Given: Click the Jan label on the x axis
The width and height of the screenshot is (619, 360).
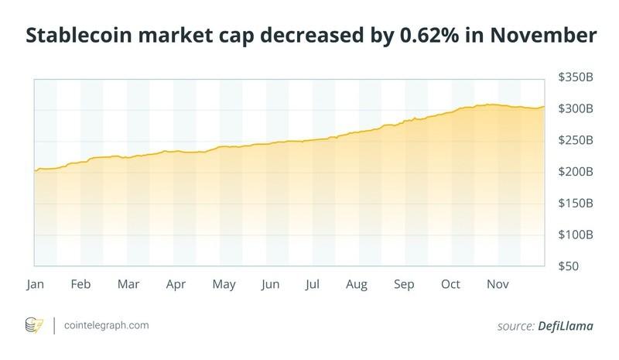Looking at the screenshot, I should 35,285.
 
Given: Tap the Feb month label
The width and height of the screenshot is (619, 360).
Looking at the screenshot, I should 80,285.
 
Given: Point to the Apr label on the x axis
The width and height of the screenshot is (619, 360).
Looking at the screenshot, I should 176,285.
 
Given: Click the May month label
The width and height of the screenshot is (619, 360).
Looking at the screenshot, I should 224,285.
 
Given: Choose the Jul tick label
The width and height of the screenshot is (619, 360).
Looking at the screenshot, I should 313,285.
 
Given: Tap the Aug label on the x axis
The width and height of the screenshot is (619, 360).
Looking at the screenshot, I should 356,285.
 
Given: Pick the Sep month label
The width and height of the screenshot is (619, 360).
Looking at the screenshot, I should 404,285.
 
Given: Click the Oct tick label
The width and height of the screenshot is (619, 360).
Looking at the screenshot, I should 450,285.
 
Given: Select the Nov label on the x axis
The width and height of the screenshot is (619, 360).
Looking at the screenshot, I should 497,285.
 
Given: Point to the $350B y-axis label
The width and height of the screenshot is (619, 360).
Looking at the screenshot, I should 576,77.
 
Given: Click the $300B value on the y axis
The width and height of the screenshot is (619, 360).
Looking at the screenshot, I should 576,109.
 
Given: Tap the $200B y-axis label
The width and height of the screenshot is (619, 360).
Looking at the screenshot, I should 576,171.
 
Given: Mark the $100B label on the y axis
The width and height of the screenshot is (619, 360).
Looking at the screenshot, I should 576,234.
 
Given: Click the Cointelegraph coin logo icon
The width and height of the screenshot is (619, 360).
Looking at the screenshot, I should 35,325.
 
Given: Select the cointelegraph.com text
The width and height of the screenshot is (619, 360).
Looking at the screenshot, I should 106,326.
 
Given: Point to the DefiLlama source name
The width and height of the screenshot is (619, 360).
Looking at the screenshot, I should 566,326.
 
